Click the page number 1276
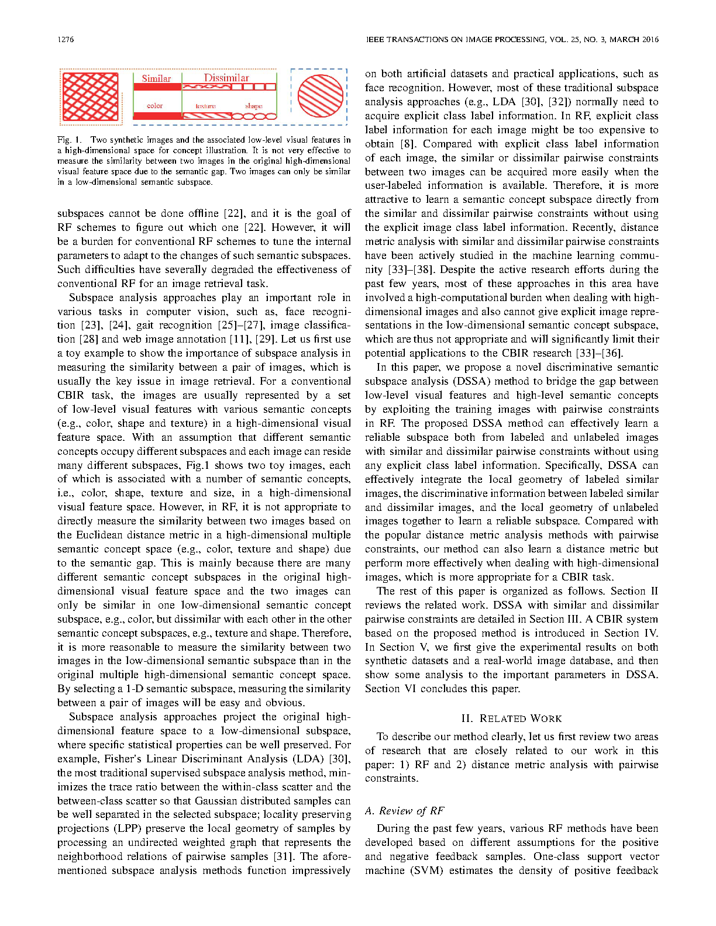[x=66, y=40]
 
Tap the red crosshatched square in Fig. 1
[x=91, y=96]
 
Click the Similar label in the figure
[x=156, y=78]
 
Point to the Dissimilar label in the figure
[x=226, y=78]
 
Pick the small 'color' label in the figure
[x=154, y=106]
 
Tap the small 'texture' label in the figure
[x=205, y=106]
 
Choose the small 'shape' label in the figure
[x=253, y=106]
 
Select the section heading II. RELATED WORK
[x=511, y=718]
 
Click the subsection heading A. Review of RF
[x=404, y=811]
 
